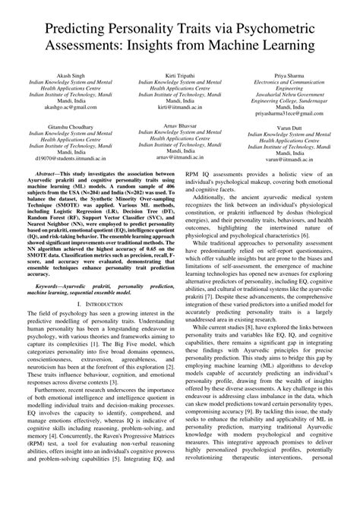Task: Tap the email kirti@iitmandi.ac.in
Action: click(180, 109)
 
